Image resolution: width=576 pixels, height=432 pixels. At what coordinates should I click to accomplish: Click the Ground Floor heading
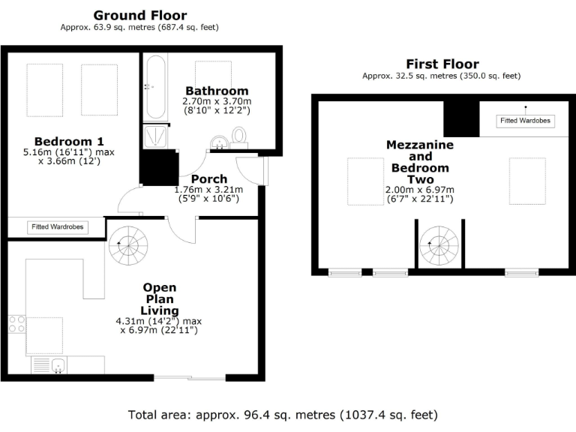pos(140,15)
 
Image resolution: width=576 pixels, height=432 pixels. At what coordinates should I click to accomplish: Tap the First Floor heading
pos(442,64)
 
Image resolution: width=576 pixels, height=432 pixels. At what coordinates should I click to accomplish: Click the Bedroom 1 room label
pos(69,141)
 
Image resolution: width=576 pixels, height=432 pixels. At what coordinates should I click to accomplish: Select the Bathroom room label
pos(217,91)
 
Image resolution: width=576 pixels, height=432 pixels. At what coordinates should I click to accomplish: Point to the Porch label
pos(209,179)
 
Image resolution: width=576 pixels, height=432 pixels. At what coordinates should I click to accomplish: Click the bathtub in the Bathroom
pos(155,87)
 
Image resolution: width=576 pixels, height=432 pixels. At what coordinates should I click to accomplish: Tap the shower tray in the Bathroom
pos(156,136)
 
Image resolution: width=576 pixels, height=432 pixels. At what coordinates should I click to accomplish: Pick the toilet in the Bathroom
pos(239,136)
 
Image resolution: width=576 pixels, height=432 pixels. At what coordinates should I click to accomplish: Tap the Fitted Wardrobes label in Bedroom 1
pos(57,226)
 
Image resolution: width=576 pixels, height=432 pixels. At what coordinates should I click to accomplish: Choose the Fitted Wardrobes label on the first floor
pos(526,121)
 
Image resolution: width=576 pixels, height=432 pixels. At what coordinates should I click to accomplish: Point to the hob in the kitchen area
pos(16,325)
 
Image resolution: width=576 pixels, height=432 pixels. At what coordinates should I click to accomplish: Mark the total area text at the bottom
pos(283,415)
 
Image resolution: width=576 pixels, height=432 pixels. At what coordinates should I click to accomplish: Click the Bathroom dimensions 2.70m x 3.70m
pos(217,101)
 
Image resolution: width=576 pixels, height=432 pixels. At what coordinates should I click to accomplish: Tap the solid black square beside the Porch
pos(158,169)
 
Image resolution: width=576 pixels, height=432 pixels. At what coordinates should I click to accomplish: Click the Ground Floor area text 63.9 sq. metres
pos(139,28)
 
